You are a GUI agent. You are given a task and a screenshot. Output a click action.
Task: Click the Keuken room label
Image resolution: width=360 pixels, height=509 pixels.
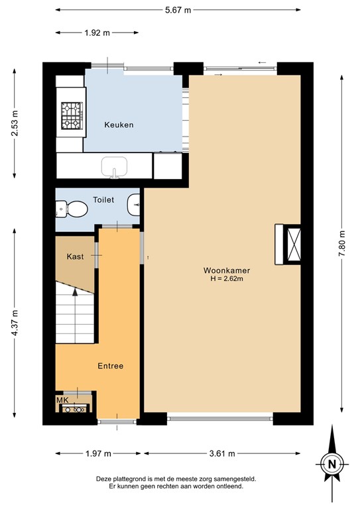point(119,125)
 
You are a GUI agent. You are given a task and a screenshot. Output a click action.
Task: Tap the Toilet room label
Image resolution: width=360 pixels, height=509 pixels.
point(103,199)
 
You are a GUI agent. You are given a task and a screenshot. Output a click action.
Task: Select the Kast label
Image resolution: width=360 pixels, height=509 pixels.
point(75,256)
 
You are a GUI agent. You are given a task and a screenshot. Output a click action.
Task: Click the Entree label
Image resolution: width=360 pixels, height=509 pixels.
point(110,366)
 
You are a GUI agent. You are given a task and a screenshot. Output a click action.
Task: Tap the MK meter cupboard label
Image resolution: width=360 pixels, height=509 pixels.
point(62,400)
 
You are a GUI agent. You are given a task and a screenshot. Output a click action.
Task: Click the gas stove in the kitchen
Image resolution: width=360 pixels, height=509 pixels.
point(70,115)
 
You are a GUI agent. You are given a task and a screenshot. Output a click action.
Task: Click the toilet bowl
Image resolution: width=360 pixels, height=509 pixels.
point(73,210)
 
